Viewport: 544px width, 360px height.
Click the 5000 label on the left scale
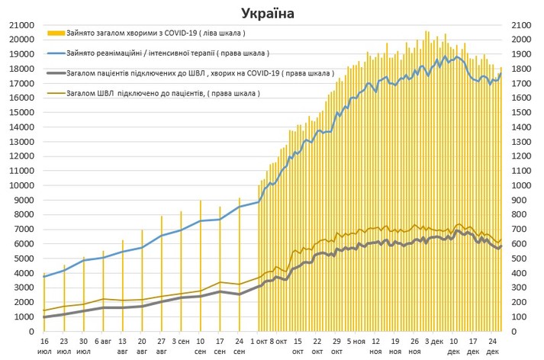(x=21, y=259)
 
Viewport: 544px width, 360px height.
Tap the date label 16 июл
(x=44, y=347)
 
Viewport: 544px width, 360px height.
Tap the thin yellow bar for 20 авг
(x=142, y=282)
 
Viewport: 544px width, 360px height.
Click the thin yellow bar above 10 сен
(x=201, y=267)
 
